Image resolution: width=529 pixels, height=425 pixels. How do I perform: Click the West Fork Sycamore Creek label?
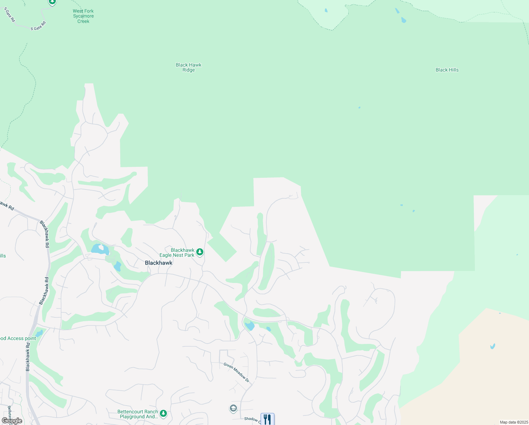(83, 16)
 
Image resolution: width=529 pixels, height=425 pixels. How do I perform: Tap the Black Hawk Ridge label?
(188, 67)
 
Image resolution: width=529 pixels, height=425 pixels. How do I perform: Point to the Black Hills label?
(447, 70)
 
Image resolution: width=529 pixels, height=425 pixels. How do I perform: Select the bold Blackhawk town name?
(159, 263)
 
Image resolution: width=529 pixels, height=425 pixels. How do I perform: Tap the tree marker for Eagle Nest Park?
(200, 252)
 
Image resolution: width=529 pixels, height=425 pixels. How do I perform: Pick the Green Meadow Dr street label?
(237, 372)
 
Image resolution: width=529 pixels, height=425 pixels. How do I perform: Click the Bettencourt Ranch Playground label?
(138, 414)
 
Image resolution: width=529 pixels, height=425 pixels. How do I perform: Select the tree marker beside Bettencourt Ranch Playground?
(163, 413)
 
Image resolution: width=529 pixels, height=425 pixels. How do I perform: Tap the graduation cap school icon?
(233, 409)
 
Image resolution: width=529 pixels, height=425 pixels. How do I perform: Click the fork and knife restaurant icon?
(267, 419)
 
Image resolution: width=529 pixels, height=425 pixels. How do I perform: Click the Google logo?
(12, 421)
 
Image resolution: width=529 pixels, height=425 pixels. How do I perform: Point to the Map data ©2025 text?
(514, 422)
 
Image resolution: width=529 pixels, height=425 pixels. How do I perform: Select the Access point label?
(18, 339)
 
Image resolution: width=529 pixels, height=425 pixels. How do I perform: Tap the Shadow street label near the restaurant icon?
(251, 419)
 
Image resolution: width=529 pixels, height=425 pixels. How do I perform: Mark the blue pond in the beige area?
(493, 346)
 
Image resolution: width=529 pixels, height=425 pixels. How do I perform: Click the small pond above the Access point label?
(39, 333)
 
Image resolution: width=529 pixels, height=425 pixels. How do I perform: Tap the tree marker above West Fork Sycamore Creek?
(52, 2)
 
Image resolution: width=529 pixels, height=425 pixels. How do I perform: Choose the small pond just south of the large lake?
(117, 266)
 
